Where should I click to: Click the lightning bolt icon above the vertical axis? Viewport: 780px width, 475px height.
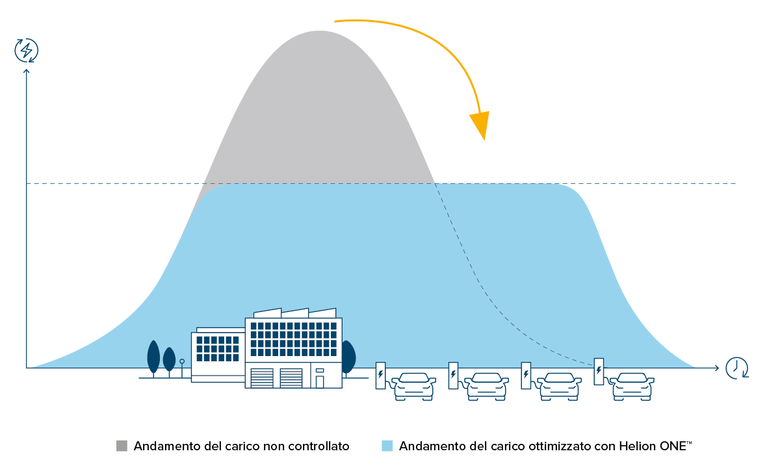pos(27,50)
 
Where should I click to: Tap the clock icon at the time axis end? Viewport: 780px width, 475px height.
pos(736,368)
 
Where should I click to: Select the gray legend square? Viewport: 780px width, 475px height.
pos(122,446)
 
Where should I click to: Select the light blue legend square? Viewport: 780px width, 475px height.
pos(387,446)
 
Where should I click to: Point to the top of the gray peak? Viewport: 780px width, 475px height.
pos(318,32)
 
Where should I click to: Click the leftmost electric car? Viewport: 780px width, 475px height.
pos(414,386)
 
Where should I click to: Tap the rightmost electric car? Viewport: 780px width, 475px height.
pos(632,386)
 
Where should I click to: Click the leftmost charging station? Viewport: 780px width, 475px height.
pos(380,376)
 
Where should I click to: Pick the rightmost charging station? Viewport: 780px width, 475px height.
pos(599,371)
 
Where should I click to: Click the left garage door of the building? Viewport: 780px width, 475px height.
pos(262,378)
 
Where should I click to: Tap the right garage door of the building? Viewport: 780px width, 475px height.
pos(291,378)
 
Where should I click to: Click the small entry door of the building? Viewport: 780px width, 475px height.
pos(320,381)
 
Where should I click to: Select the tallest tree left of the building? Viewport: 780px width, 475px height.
pos(153,357)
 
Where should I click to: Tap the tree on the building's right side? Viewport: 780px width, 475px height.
pos(349,357)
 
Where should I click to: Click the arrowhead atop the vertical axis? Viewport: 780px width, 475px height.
pos(27,71)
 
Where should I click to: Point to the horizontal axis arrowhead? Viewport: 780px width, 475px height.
pos(716,368)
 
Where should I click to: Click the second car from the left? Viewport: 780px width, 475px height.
pos(487,386)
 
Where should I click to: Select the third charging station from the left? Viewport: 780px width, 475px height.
pos(526,376)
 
